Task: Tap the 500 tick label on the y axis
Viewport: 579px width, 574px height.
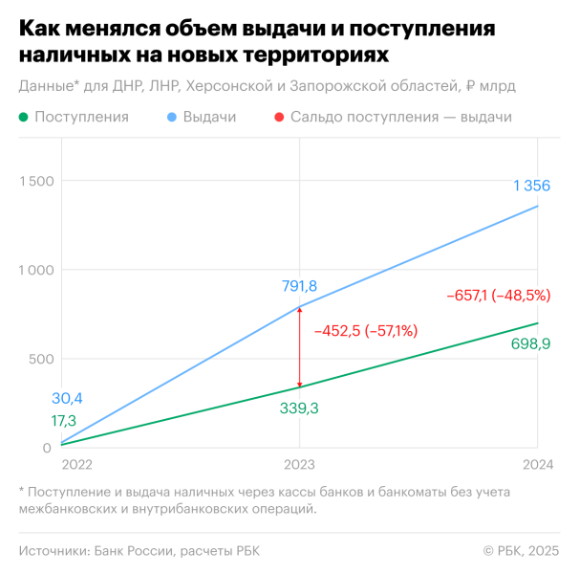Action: tap(39, 359)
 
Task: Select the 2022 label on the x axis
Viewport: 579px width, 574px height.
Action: tap(77, 464)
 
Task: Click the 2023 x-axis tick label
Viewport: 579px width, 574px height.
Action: tap(300, 464)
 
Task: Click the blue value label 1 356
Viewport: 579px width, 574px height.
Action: tap(530, 185)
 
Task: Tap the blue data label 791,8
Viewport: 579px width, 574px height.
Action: tap(300, 285)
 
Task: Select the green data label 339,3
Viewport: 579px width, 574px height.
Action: tap(300, 408)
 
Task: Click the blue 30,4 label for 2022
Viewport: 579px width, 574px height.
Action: tap(67, 399)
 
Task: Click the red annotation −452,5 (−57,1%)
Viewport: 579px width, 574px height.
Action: tap(366, 331)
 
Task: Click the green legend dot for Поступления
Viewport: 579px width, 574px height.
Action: tap(24, 117)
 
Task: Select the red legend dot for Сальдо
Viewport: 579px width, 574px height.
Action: tap(278, 117)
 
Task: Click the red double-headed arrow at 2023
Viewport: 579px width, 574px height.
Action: tap(300, 346)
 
